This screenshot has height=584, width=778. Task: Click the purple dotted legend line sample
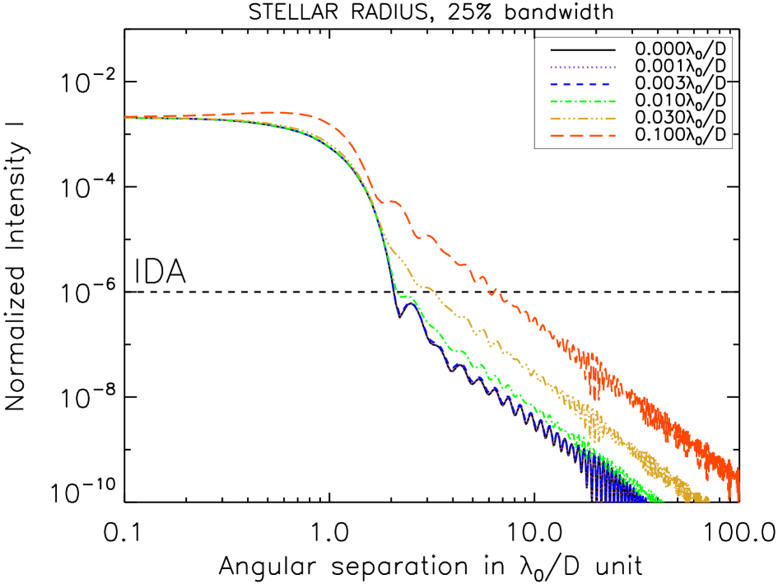click(582, 68)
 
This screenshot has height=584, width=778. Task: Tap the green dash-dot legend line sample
click(582, 102)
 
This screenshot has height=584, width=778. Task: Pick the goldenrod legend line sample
click(582, 119)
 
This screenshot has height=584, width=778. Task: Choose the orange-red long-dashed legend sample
click(582, 136)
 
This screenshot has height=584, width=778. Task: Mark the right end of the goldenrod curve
click(708, 499)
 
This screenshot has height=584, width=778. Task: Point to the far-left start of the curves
click(127, 117)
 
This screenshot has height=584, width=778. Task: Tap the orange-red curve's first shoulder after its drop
click(394, 201)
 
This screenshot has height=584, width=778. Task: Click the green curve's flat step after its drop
click(404, 296)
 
